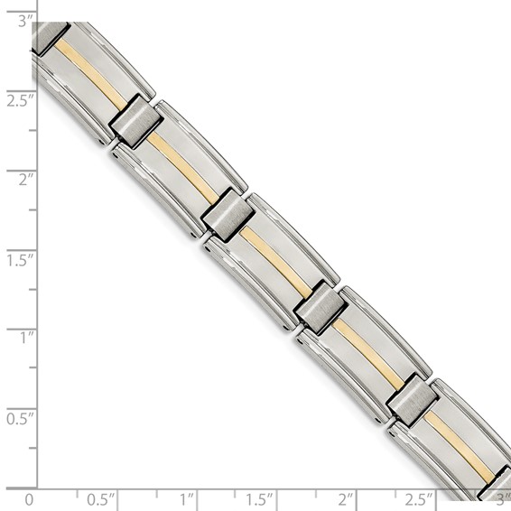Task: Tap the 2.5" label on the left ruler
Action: coord(20,99)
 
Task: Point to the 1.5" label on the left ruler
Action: coord(20,259)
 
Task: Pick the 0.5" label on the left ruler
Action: coord(20,418)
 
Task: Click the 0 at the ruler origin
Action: coord(30,498)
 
